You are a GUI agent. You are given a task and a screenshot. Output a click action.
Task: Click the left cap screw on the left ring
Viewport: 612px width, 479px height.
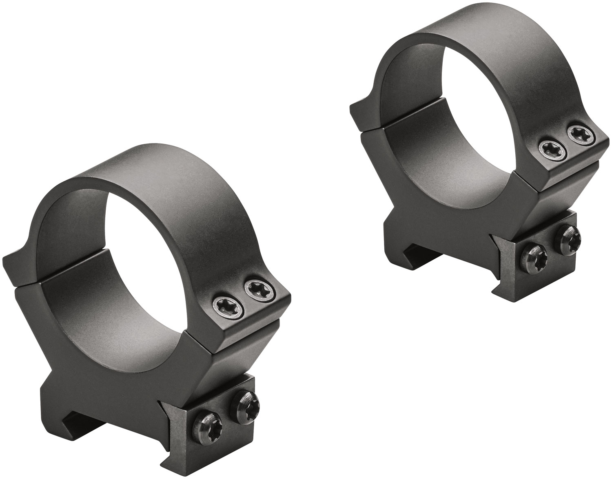tap(224, 303)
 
